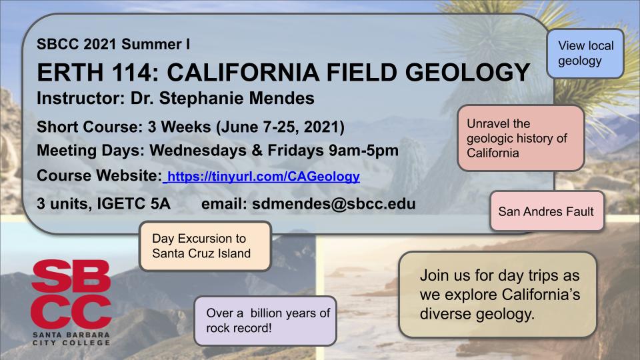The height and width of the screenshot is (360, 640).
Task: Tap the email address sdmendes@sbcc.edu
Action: click(x=333, y=204)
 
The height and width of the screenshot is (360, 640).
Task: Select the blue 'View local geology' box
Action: click(x=585, y=53)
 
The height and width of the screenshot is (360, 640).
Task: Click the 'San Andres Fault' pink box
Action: click(x=547, y=211)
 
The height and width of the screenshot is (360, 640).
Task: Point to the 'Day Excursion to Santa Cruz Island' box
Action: click(x=205, y=246)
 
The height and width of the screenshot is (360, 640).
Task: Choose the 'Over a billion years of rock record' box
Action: click(x=265, y=321)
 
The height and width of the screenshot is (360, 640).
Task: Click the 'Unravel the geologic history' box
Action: click(x=521, y=138)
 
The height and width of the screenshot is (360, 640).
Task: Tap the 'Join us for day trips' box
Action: click(x=498, y=294)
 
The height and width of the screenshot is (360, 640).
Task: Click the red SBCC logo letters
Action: click(x=71, y=294)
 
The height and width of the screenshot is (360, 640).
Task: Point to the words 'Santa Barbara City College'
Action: click(x=71, y=339)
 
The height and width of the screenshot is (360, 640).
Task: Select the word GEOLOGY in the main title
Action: click(x=467, y=72)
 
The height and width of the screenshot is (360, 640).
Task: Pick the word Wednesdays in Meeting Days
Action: click(x=198, y=151)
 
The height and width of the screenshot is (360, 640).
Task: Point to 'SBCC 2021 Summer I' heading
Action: click(x=113, y=44)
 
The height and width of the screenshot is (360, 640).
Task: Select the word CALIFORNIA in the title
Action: click(x=243, y=72)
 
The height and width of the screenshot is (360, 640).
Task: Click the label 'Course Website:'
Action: click(x=99, y=176)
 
